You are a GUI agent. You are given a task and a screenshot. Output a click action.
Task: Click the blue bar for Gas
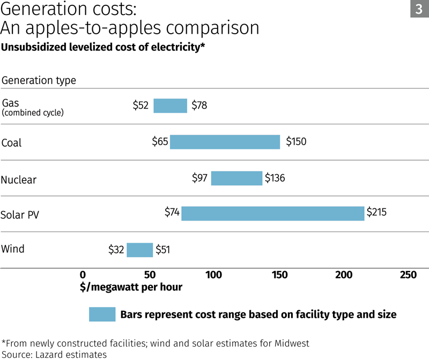tap(170, 106)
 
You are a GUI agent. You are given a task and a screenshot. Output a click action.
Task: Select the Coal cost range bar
tap(225, 142)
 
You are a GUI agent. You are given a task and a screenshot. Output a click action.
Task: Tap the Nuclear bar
tap(236, 178)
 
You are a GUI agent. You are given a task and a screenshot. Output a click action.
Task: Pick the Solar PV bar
tap(272, 213)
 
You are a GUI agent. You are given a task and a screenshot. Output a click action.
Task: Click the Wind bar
tap(139, 250)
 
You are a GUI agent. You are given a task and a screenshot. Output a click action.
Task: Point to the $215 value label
tap(376, 213)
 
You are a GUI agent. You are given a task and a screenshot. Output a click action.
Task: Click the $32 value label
tap(116, 250)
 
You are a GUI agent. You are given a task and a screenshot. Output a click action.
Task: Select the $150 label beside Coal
tap(296, 142)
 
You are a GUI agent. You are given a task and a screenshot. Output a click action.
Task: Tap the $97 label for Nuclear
tap(199, 178)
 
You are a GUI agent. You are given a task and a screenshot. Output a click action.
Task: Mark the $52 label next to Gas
tap(140, 106)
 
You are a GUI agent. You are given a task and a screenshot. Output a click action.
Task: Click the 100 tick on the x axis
tap(213, 275)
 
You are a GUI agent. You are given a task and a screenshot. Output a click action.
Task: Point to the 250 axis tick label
tap(408, 275)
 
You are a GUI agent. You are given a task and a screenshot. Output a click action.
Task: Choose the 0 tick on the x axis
tap(83, 275)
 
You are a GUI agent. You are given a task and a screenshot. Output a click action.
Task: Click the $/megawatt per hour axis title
tap(131, 287)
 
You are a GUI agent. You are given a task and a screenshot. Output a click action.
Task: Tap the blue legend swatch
tap(102, 314)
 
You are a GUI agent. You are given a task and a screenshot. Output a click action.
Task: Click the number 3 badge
tap(419, 9)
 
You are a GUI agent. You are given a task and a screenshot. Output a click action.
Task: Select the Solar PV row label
tap(20, 215)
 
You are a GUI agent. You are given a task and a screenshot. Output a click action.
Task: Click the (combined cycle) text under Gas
tap(33, 113)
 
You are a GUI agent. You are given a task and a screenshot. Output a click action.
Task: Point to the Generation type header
tap(39, 80)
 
